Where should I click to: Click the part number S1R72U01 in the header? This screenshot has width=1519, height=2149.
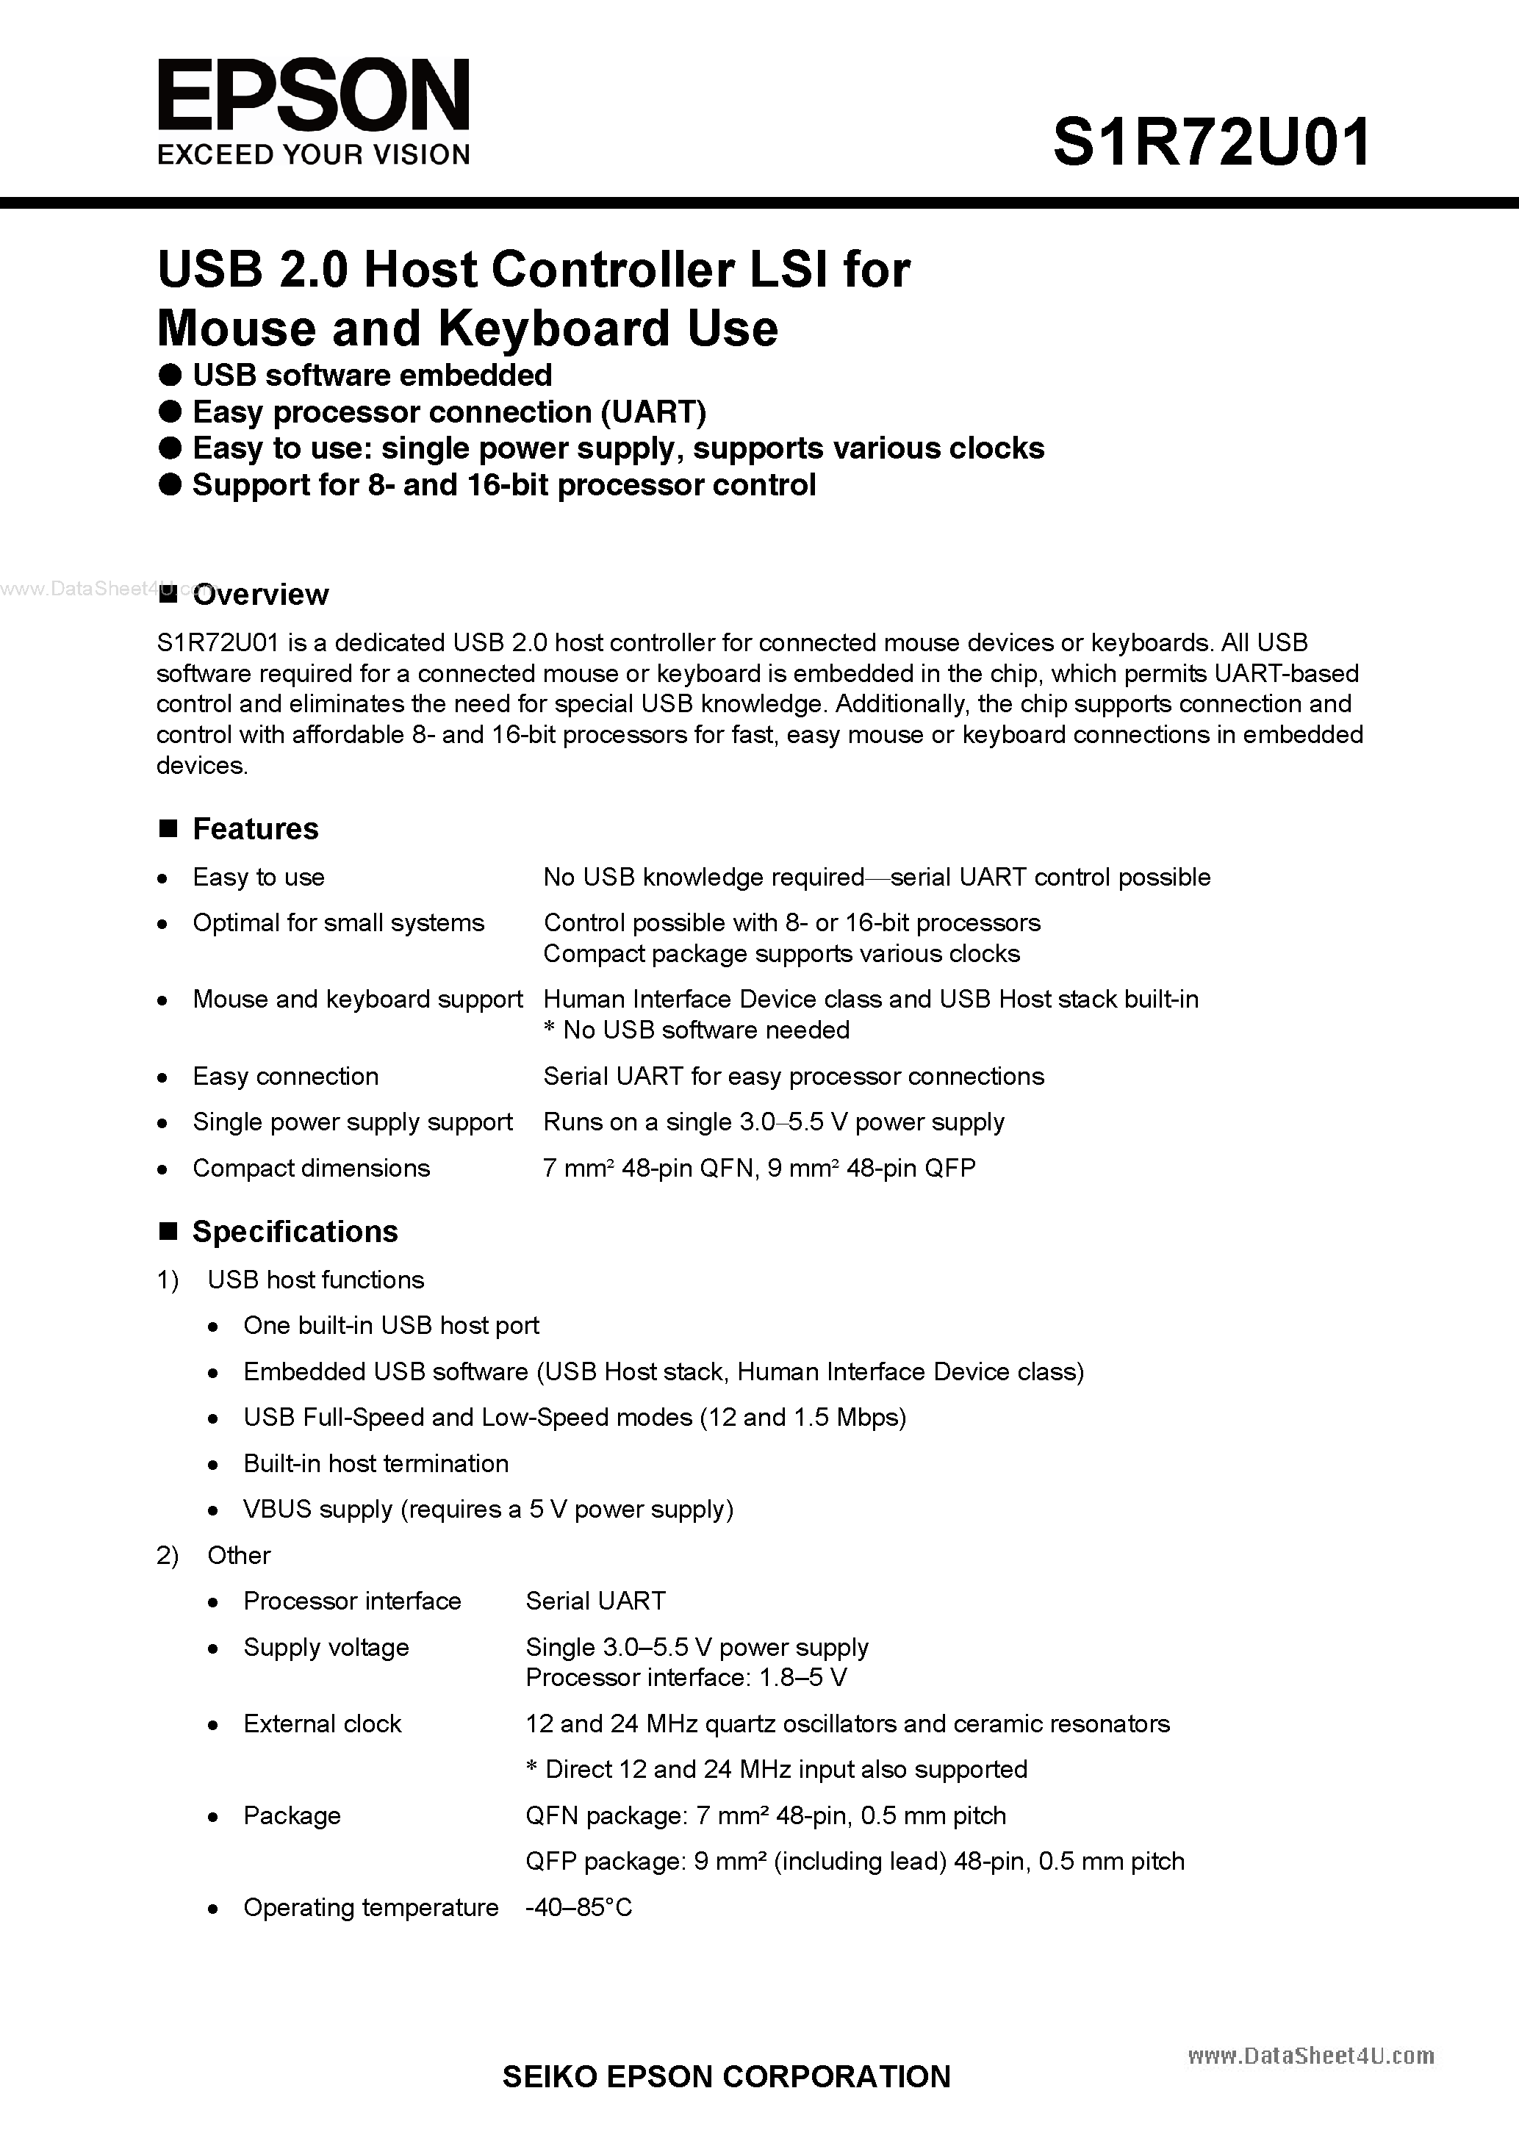(1211, 143)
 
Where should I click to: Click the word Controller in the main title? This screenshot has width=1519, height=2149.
(612, 270)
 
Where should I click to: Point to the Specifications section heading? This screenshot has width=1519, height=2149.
(295, 1232)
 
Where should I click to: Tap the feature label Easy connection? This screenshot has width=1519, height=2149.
(285, 1077)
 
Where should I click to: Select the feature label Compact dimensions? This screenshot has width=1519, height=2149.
(311, 1168)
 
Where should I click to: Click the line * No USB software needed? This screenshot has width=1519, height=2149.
(697, 1030)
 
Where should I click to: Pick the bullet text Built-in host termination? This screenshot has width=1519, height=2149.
(376, 1464)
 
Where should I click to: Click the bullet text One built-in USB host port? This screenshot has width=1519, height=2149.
(391, 1325)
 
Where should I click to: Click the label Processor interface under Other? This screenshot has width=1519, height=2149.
(352, 1601)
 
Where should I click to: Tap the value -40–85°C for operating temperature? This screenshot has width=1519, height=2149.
(578, 1907)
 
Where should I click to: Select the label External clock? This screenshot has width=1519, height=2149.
(322, 1724)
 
